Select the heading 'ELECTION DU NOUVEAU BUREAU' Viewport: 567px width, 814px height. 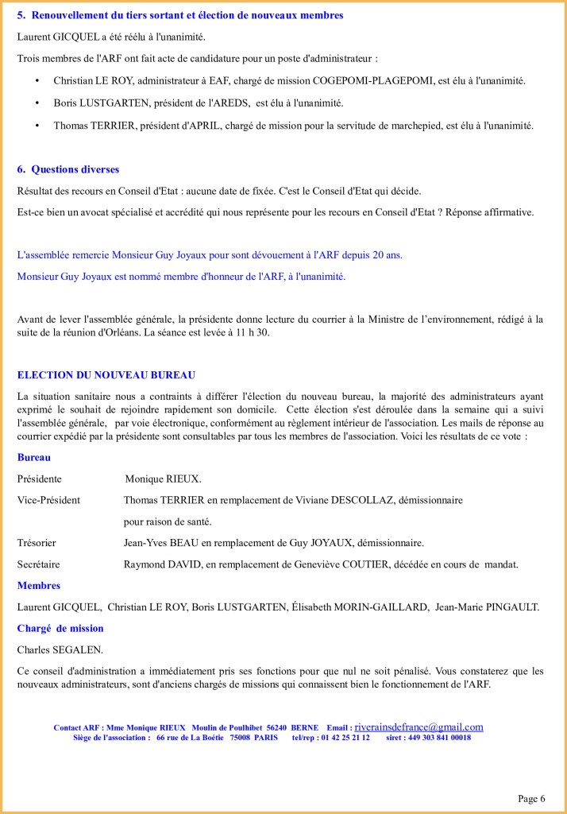click(x=106, y=374)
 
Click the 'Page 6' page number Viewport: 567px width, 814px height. click(x=531, y=799)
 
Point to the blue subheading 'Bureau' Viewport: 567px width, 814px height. click(x=33, y=458)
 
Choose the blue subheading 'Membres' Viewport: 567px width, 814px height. click(x=39, y=586)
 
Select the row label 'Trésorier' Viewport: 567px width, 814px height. click(x=37, y=543)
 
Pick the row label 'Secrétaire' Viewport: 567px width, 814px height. click(x=38, y=564)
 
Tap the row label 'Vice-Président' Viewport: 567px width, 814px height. click(x=48, y=500)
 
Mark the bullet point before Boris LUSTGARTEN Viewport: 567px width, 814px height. click(x=37, y=103)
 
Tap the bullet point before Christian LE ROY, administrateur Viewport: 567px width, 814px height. click(x=37, y=81)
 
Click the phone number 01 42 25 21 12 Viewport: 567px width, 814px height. click(x=345, y=738)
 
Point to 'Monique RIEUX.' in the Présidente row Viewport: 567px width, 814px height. click(x=163, y=479)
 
